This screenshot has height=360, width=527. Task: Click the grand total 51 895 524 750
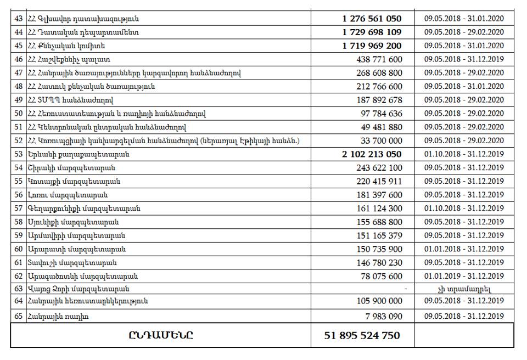(363, 335)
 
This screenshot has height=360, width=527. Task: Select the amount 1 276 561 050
(372, 19)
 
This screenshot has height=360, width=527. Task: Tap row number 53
(19, 154)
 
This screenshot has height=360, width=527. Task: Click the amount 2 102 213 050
(372, 154)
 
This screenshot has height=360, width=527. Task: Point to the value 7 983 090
(383, 316)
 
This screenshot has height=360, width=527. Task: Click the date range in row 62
(464, 276)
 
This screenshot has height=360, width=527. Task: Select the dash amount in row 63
(405, 289)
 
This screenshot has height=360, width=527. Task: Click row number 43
(19, 19)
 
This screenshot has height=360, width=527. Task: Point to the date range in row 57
(464, 209)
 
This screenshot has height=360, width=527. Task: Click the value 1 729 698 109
(372, 32)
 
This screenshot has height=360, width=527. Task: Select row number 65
(19, 316)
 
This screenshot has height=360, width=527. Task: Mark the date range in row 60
(464, 249)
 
